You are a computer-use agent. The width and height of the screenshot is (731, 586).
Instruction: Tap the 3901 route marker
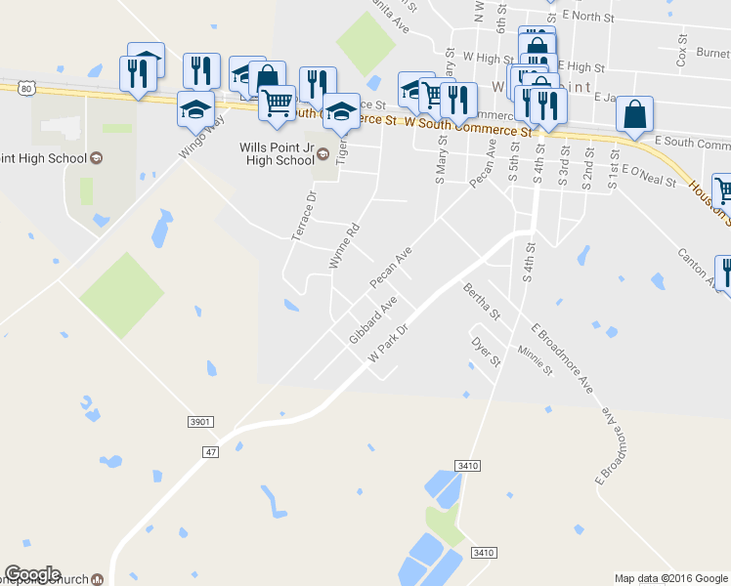199,421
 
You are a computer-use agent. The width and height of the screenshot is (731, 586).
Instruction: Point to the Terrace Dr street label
305,216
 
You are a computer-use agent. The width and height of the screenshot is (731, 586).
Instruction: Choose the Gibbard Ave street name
371,320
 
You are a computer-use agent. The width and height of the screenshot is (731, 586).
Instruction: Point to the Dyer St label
486,353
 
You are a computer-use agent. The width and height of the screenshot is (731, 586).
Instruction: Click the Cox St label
682,54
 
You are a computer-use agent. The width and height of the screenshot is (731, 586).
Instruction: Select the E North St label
585,17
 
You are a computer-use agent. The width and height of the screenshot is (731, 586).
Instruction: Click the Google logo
32,574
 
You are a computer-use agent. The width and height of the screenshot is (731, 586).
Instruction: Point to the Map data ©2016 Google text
670,578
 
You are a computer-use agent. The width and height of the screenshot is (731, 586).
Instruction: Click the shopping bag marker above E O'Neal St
635,115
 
